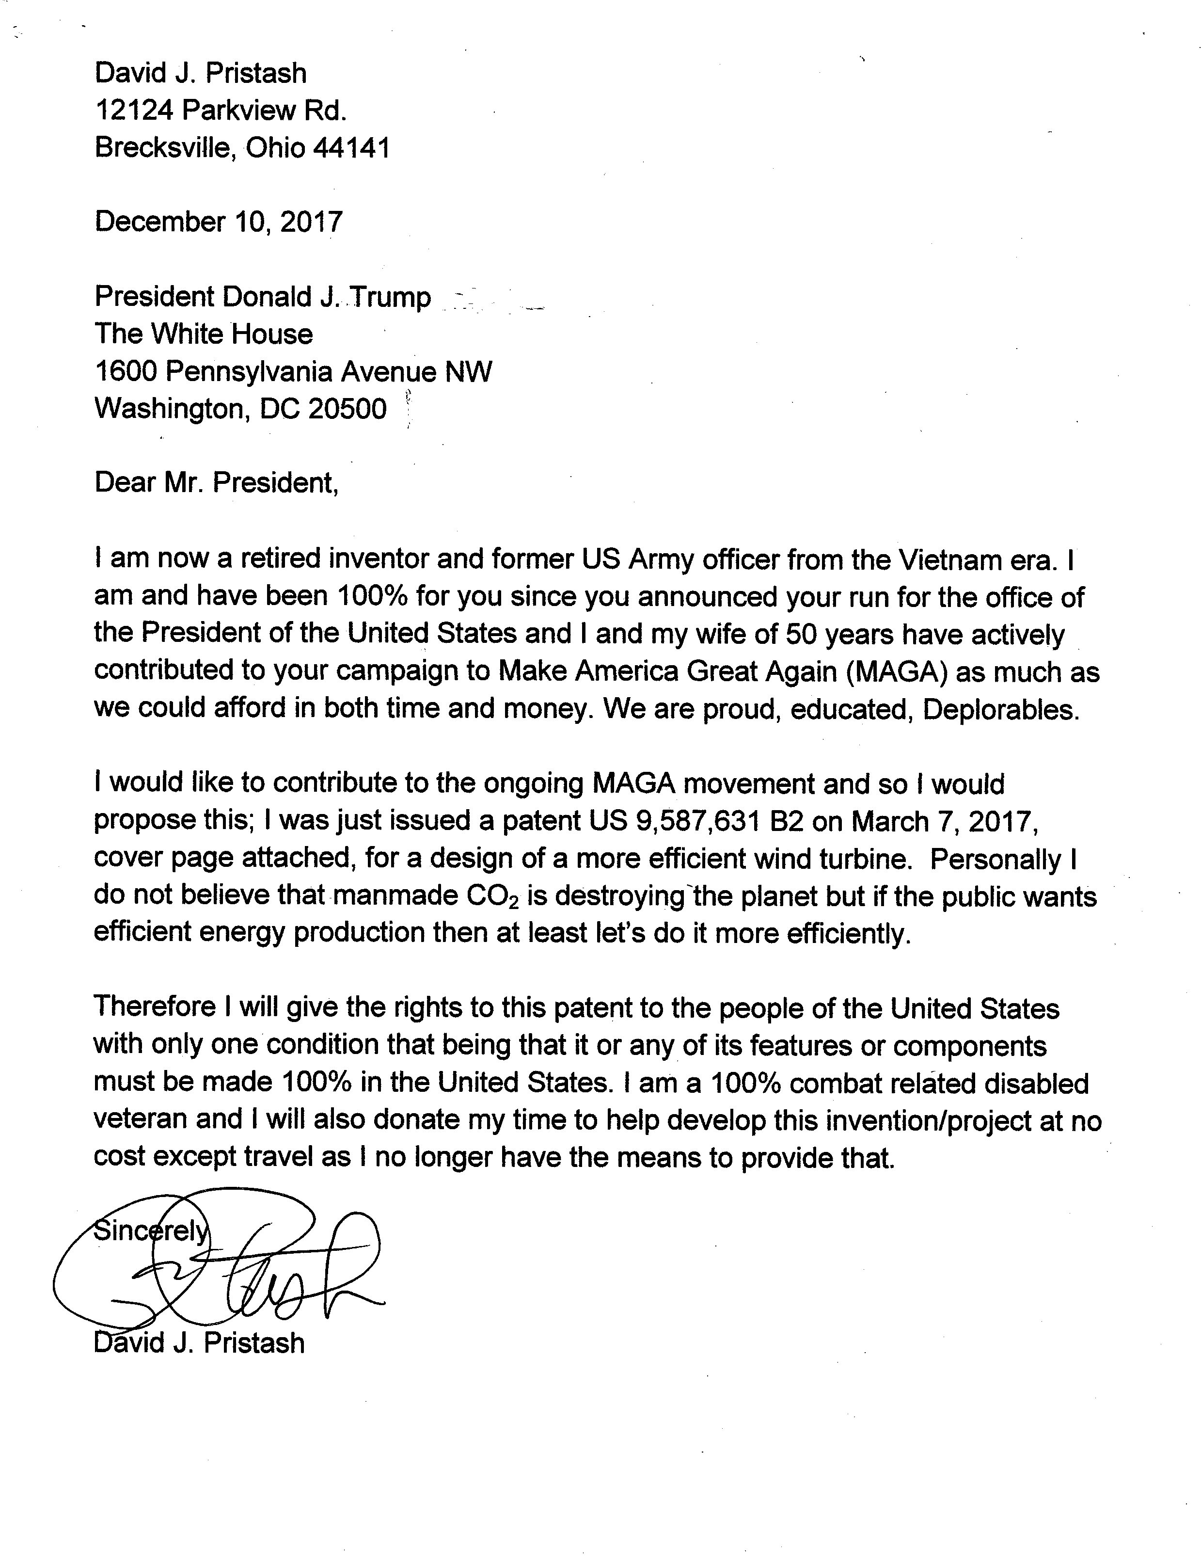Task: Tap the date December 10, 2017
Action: coord(219,222)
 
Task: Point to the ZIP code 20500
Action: coord(348,408)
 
